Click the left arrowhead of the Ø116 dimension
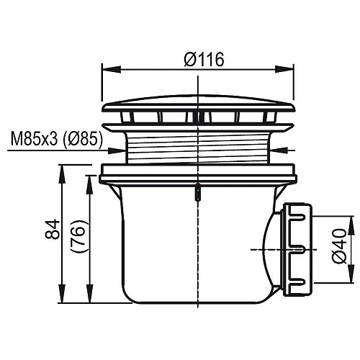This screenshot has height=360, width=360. [x=105, y=70]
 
